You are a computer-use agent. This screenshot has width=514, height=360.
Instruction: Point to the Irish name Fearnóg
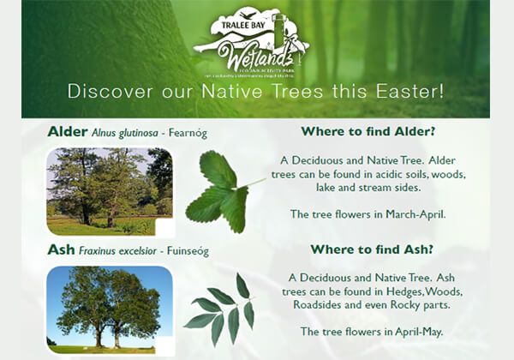pyautogui.click(x=184, y=133)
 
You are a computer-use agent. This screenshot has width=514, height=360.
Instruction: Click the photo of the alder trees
pyautogui.click(x=109, y=191)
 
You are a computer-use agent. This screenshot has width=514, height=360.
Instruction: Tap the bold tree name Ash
pyautogui.click(x=60, y=251)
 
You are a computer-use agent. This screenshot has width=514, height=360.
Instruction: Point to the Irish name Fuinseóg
pyautogui.click(x=185, y=252)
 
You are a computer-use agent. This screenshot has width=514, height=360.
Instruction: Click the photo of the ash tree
pyautogui.click(x=109, y=309)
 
